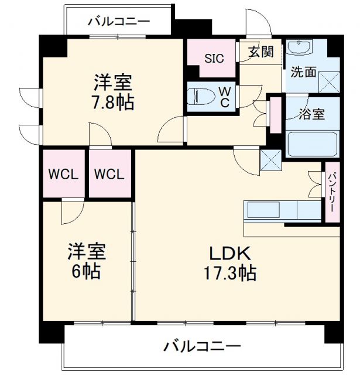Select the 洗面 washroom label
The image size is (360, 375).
click(x=304, y=73)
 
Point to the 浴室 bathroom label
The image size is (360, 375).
click(x=311, y=114)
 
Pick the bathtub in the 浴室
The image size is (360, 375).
click(x=311, y=144)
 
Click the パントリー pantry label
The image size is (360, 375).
click(x=332, y=191)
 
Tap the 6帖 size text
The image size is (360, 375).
click(x=87, y=271)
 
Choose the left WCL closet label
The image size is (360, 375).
click(x=63, y=174)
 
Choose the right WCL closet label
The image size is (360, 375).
click(x=109, y=174)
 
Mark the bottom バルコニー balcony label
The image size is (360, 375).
click(x=202, y=346)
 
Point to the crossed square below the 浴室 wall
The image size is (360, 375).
click(x=271, y=159)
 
